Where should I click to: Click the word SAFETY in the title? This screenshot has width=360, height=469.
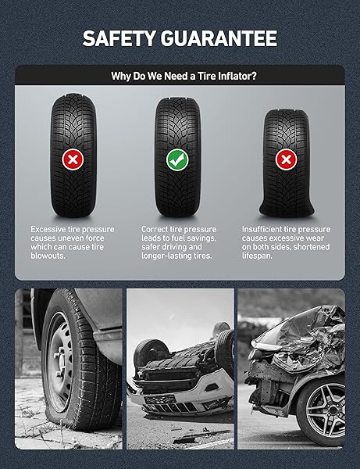119,38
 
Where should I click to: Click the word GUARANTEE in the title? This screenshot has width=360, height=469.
219,38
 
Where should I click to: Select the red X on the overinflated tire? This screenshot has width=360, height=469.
73,159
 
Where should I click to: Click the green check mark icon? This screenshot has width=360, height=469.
177,159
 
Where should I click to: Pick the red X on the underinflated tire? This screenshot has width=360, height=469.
287,159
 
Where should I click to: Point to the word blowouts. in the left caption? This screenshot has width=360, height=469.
48,256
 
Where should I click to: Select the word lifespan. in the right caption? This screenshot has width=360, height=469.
257,256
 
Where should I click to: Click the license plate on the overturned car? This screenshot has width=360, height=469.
160,399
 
